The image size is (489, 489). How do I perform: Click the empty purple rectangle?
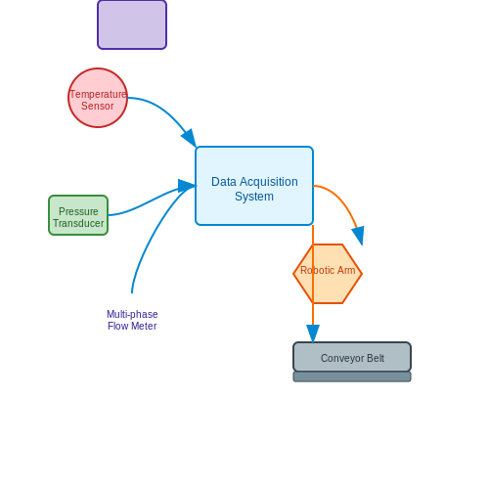point(132,24)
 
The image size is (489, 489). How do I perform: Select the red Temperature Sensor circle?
point(98,98)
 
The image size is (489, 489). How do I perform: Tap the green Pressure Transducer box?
point(78,215)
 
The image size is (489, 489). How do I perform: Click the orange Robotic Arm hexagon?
point(328,274)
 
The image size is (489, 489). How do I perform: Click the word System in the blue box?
point(254,197)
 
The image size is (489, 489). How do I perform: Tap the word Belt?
point(376,358)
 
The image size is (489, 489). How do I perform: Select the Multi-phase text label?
point(132,314)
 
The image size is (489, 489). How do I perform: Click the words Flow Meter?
point(132,326)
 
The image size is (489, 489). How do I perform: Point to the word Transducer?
point(78,223)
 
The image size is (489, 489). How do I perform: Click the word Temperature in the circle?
point(98,94)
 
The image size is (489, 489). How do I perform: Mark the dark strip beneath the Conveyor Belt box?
point(352,377)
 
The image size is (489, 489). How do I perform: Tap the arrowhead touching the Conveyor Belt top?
point(313,333)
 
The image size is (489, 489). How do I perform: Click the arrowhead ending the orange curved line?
point(358,236)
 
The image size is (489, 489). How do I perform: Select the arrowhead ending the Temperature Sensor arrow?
point(190,138)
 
